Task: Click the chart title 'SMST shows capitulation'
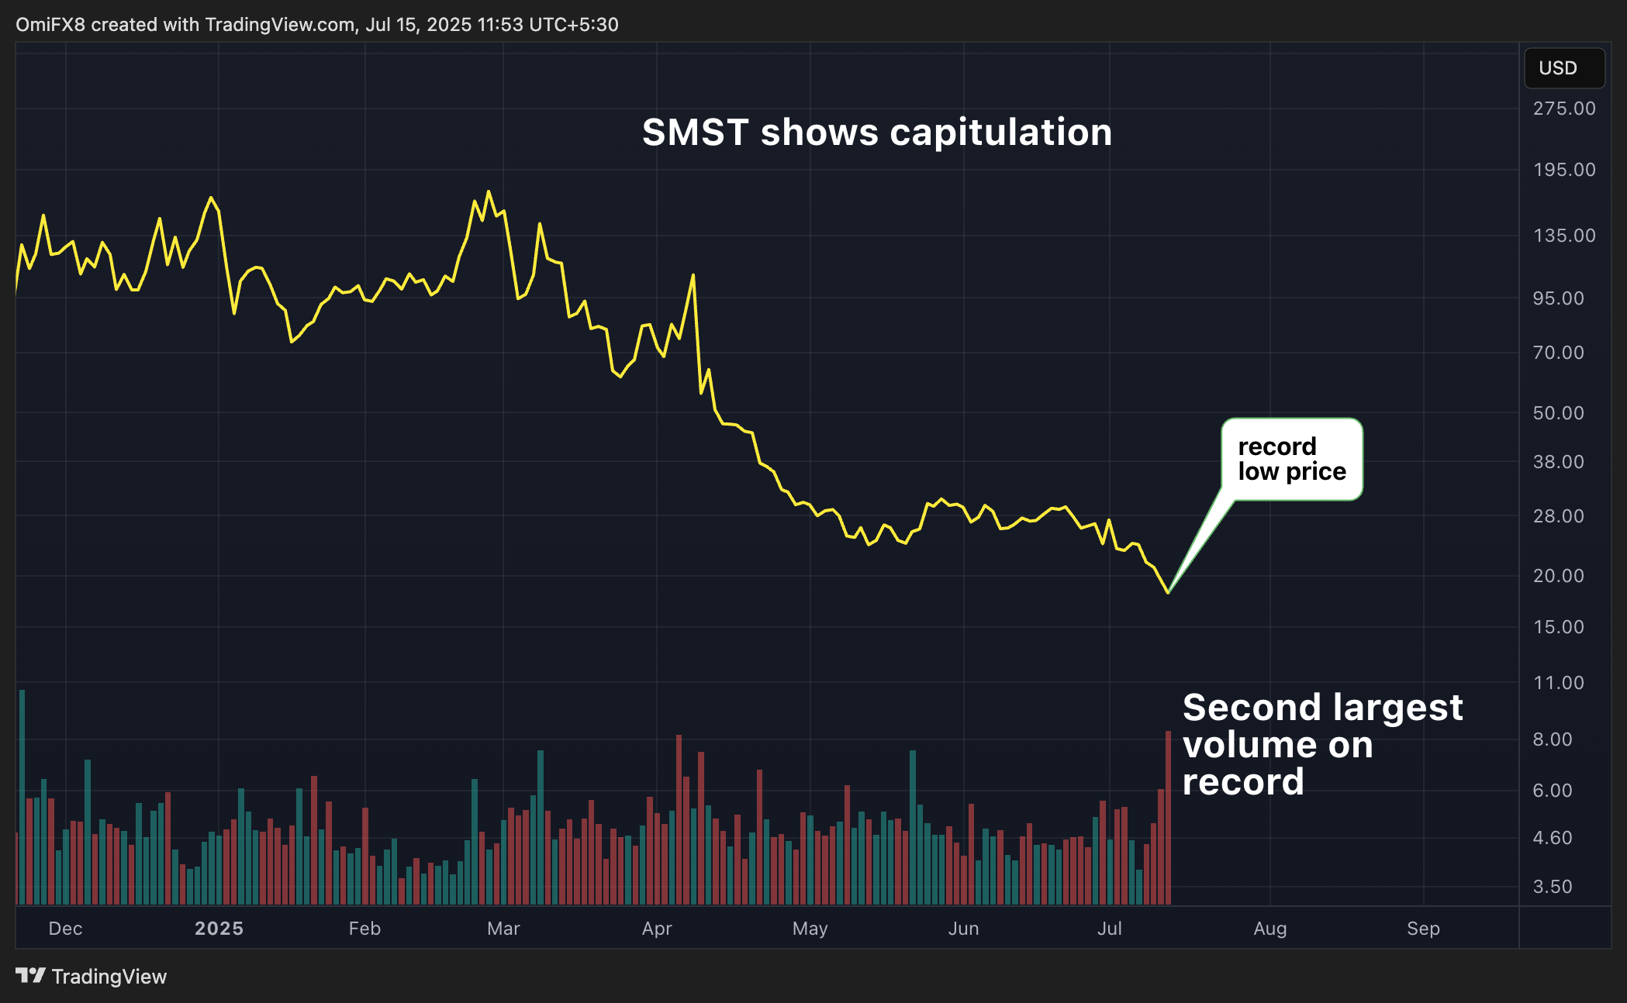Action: tap(876, 133)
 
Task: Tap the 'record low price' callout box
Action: tap(1291, 459)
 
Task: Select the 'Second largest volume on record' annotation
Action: tap(1321, 744)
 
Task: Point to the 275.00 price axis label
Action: tap(1563, 109)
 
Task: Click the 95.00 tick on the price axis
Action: tap(1558, 298)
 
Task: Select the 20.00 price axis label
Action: tap(1558, 576)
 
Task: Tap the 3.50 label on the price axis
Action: tap(1553, 887)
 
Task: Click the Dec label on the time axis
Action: tap(65, 929)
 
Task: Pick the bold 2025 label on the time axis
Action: tap(219, 929)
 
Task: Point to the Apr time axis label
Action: tap(657, 929)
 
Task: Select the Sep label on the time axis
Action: tap(1423, 929)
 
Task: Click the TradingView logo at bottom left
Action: tap(91, 977)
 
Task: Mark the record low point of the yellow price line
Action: tap(1168, 593)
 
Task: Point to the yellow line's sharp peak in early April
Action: tap(693, 275)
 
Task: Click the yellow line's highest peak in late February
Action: tap(488, 191)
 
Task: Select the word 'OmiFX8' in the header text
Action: tap(50, 25)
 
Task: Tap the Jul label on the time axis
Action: tap(1109, 929)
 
